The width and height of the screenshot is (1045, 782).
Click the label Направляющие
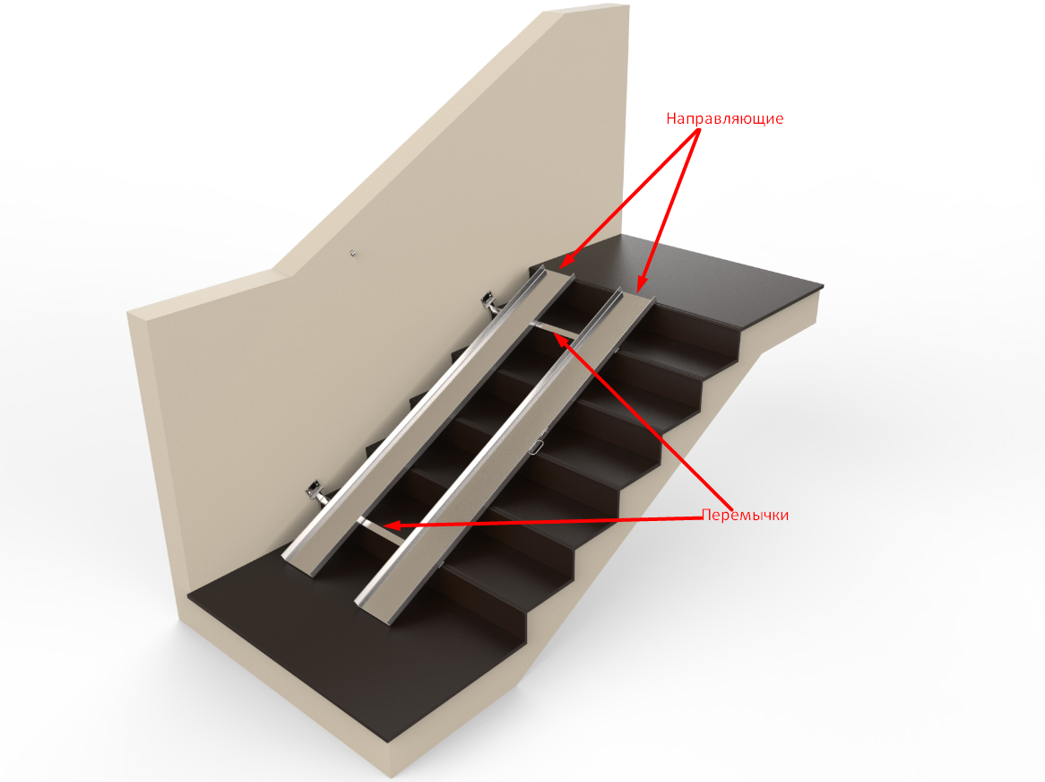click(x=724, y=118)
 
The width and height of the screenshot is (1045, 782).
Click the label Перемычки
click(x=745, y=515)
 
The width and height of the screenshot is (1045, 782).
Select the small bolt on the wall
click(x=353, y=253)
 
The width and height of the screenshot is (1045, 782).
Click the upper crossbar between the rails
click(x=555, y=328)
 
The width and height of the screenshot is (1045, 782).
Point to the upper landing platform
click(x=720, y=277)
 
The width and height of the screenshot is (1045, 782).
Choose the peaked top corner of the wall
click(x=627, y=6)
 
